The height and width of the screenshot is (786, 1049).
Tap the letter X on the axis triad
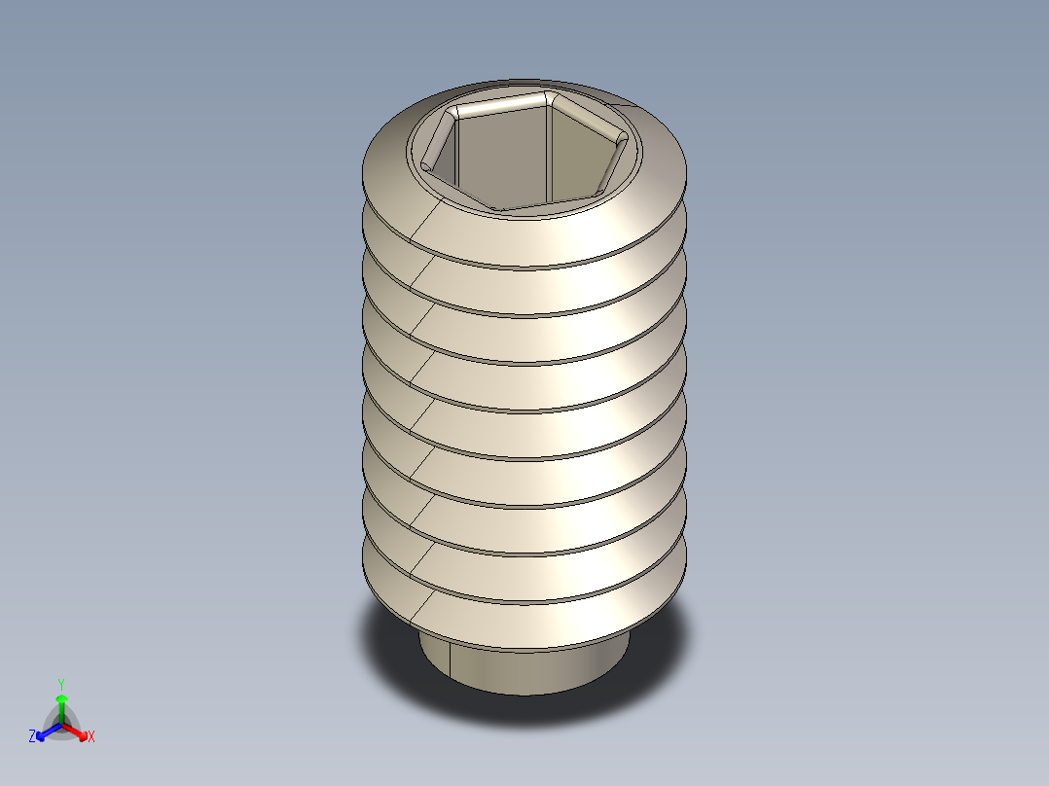click(x=91, y=737)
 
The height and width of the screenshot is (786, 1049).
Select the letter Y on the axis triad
click(x=61, y=684)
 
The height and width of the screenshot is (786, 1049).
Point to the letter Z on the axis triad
click(x=32, y=737)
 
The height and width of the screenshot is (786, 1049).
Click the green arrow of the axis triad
click(x=61, y=702)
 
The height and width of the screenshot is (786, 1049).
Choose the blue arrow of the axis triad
click(x=45, y=731)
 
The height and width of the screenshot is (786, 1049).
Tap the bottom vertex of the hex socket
click(x=497, y=208)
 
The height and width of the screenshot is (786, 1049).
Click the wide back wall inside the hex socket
click(x=501, y=156)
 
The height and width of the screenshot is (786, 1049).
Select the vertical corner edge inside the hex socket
click(x=549, y=156)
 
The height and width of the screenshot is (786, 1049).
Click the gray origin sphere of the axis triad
click(x=61, y=726)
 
